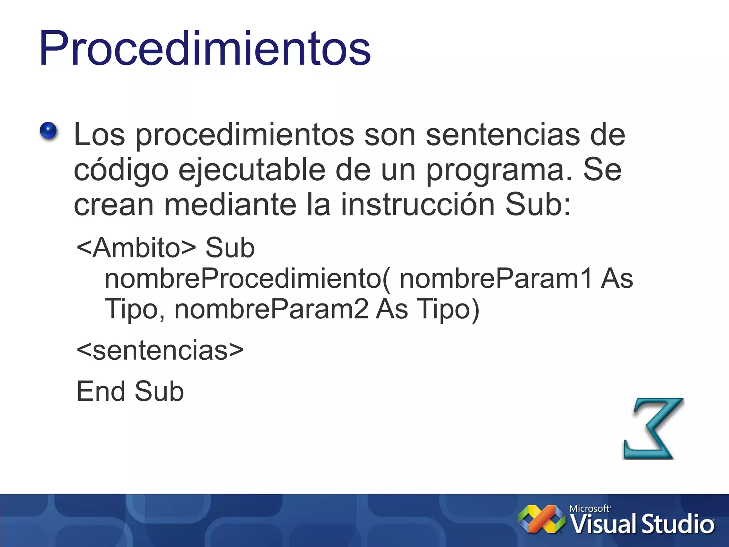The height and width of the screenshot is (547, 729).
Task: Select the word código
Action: point(121,170)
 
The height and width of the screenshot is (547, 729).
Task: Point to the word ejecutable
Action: point(252,170)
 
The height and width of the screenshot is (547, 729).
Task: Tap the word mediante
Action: point(230,204)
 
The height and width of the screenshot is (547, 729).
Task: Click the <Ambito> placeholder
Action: point(136,248)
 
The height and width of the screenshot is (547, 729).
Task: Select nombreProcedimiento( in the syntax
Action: point(247,278)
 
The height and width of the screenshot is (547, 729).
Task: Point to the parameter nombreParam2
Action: point(271,309)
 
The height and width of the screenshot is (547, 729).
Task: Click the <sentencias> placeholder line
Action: point(160,350)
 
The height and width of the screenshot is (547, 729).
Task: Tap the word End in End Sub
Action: point(101,391)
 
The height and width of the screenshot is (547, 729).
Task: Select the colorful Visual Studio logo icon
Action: point(541,519)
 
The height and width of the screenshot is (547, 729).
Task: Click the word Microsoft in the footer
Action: point(589,509)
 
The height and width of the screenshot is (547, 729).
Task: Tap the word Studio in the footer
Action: point(678,524)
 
